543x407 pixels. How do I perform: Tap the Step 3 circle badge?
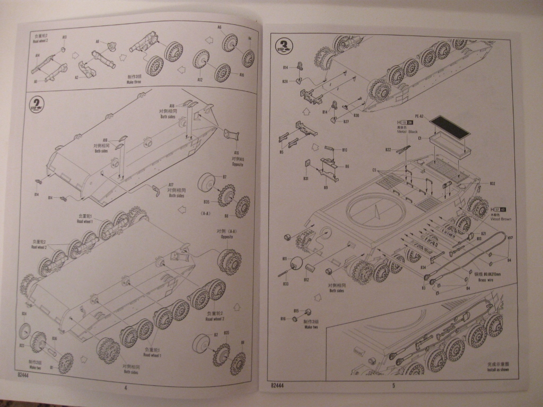click(284, 44)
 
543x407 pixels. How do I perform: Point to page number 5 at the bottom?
click(393, 386)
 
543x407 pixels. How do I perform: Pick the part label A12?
click(200, 79)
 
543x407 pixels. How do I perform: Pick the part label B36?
click(54, 338)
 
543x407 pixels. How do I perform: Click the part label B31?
click(306, 179)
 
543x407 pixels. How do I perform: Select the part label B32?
click(493, 183)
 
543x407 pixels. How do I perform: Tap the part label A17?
click(171, 184)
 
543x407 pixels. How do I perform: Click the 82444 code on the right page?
click(278, 386)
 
